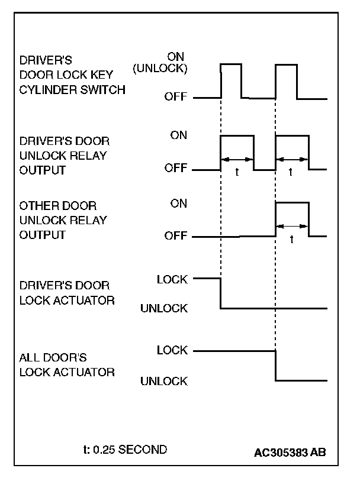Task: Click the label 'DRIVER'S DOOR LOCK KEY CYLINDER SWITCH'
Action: (x=73, y=76)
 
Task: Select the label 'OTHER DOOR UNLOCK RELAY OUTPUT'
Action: (x=63, y=220)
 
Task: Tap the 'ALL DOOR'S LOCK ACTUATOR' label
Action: (x=67, y=365)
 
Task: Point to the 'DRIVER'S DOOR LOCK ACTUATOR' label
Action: (x=67, y=293)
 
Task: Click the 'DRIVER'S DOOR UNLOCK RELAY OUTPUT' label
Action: (x=65, y=156)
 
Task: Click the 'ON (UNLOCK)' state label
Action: (x=160, y=62)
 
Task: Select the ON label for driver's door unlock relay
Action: (x=178, y=135)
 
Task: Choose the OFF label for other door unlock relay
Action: (x=175, y=237)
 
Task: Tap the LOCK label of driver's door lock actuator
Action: (x=172, y=279)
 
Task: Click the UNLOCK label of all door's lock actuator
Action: (x=164, y=381)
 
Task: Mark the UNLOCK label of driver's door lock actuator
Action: (x=164, y=308)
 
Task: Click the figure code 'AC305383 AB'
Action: (x=290, y=453)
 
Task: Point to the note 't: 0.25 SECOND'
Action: (x=125, y=450)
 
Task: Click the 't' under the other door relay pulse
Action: (x=292, y=241)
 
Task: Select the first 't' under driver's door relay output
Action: (x=237, y=174)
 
